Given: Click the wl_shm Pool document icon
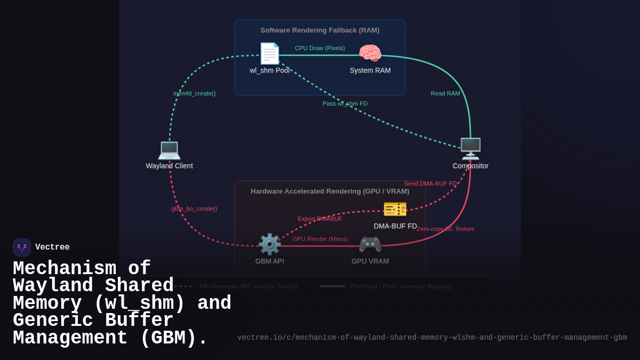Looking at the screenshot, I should [x=269, y=53].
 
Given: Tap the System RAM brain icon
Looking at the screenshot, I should [x=370, y=53].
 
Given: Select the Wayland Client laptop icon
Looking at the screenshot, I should [x=169, y=149].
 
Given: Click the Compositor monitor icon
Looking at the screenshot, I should [x=470, y=149].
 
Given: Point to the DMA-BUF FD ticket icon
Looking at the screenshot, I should [x=395, y=209].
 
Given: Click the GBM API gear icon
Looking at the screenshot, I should [x=269, y=244].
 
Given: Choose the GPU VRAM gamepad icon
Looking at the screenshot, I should [x=370, y=244].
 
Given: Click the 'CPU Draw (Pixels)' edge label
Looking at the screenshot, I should [x=320, y=48].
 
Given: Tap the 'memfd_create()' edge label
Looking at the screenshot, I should [x=194, y=93].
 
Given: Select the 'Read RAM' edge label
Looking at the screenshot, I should [x=445, y=93].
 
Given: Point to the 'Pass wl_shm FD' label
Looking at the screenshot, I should [x=345, y=103].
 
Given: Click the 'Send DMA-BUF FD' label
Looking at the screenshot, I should [x=430, y=183].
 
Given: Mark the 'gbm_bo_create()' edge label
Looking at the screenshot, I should [x=194, y=209].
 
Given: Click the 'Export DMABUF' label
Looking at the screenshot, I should [x=320, y=219].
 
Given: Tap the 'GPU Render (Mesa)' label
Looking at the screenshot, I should [x=320, y=239].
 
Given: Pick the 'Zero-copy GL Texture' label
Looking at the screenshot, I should [x=445, y=229].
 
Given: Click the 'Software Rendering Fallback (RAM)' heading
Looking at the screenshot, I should [x=320, y=30].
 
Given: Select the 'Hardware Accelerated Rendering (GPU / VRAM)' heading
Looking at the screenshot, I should [x=330, y=191].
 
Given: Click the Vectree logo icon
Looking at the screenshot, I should [x=22, y=247].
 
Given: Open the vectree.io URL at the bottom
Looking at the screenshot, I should [x=432, y=338].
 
